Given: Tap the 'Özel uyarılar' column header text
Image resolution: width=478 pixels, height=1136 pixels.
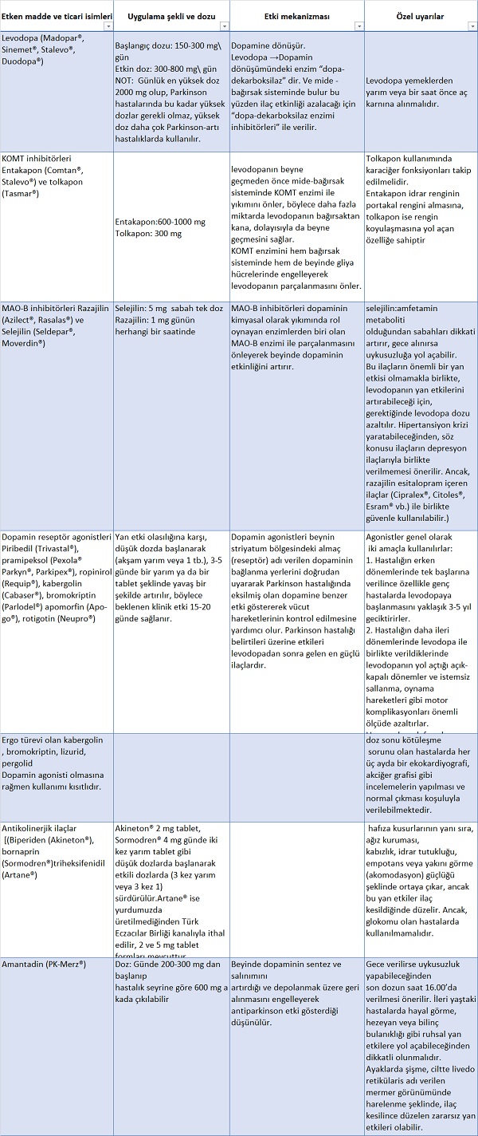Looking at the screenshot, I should (x=420, y=16).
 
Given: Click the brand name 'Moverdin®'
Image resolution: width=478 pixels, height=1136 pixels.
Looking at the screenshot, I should (x=26, y=342).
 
